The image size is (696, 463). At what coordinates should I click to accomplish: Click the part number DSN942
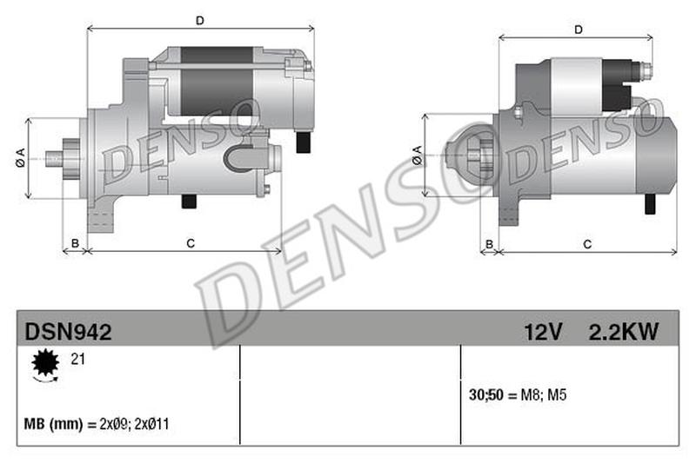[x=67, y=331]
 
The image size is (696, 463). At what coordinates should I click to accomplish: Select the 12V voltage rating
[x=544, y=331]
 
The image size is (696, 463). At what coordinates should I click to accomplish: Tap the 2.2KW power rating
[x=623, y=331]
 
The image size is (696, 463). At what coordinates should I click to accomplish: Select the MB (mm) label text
[x=53, y=425]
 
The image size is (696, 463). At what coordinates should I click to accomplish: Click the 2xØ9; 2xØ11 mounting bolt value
[x=133, y=425]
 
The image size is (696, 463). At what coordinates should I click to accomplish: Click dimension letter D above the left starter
[x=199, y=20]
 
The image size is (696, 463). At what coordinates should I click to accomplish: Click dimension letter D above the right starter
[x=578, y=30]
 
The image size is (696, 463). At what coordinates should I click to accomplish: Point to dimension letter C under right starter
[x=586, y=244]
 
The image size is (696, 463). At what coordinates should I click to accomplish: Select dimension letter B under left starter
[x=75, y=243]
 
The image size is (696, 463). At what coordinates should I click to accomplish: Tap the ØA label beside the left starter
[x=19, y=158]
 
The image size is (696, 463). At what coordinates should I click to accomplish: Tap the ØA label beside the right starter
[x=417, y=155]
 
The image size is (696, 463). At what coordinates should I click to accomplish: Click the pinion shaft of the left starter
[x=55, y=158]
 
